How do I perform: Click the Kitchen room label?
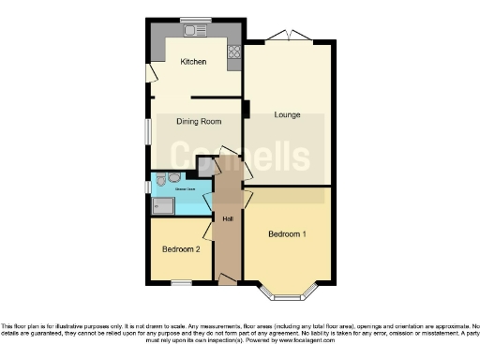[x=193, y=63]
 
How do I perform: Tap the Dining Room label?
[x=199, y=121]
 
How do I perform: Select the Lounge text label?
[x=287, y=114]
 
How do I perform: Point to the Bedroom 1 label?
[x=287, y=232]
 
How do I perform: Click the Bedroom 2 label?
[x=181, y=249]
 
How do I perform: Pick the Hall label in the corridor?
[x=228, y=219]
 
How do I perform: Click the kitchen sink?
[x=196, y=31]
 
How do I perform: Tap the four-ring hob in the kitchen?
[x=232, y=52]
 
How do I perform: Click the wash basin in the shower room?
[x=174, y=176]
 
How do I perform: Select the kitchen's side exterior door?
[x=150, y=73]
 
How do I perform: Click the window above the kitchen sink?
[x=196, y=20]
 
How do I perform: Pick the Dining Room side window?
[x=148, y=130]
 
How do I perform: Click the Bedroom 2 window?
[x=181, y=282]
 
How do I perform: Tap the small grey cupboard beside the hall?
[x=205, y=166]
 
